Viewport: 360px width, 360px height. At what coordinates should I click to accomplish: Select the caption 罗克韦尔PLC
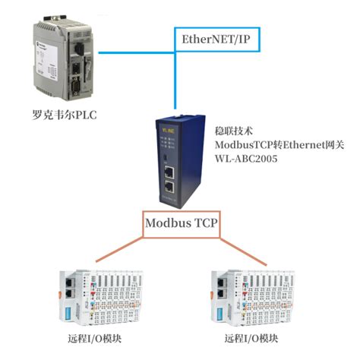(x=63, y=115)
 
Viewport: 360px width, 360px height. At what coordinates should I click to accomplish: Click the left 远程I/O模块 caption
(x=94, y=338)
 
